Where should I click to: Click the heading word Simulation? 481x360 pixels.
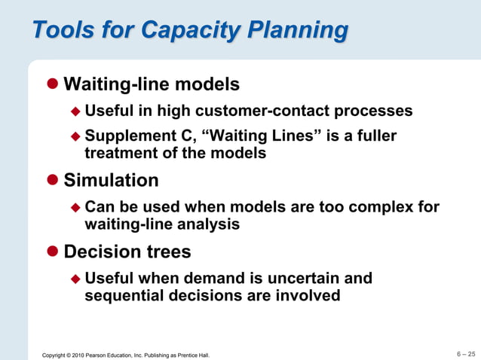(111, 181)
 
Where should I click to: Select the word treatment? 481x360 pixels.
(123, 154)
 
